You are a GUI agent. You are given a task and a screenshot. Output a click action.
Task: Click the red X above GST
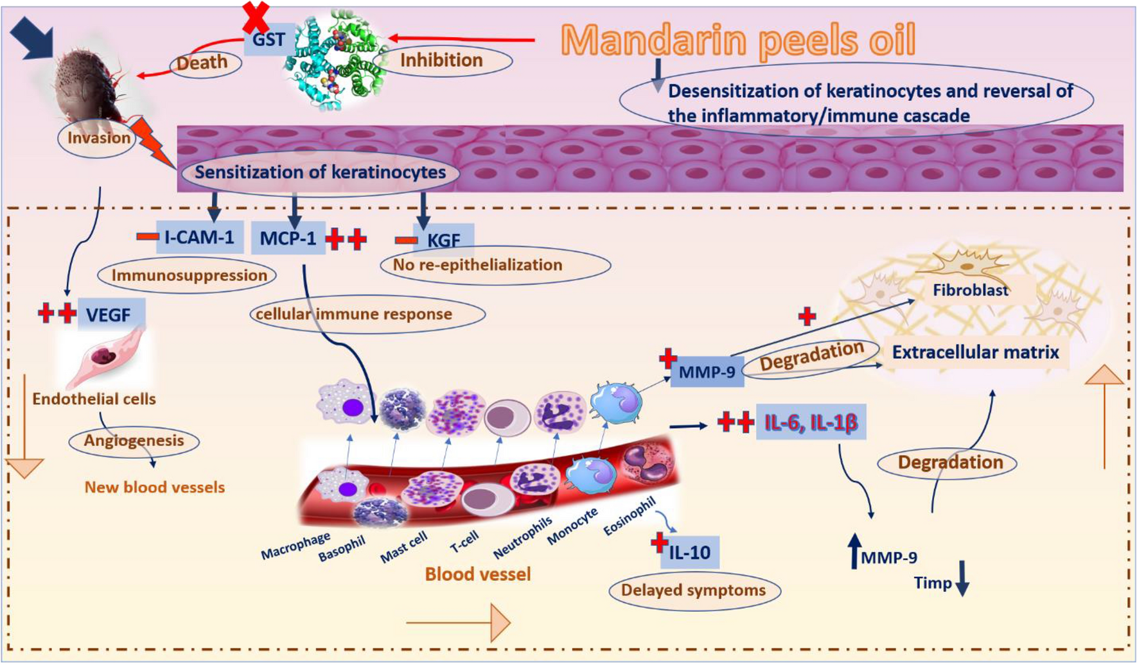coord(256,17)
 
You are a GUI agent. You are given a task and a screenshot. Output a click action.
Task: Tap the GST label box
coord(269,40)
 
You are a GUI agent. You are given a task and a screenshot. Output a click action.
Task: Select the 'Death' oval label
coord(203,63)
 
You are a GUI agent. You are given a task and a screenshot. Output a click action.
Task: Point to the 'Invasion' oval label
coord(98,138)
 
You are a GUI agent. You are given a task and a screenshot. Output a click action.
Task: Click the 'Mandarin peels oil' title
coord(737,40)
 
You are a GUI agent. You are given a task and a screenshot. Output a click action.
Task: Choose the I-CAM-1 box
coord(199,237)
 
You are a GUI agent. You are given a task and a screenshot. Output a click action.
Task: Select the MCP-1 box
coord(288,239)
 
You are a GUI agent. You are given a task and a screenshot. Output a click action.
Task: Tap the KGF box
coord(444,240)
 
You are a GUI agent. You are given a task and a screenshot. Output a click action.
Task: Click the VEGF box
coord(109,315)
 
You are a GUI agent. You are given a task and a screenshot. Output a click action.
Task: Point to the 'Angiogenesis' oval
coord(134,441)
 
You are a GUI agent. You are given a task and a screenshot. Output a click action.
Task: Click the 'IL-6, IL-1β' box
coord(811,422)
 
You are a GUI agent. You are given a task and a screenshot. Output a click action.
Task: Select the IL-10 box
coord(689,552)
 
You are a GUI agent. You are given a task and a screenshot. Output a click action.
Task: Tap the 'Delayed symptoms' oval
coord(693,591)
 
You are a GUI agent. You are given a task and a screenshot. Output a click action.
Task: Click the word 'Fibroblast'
coord(970,291)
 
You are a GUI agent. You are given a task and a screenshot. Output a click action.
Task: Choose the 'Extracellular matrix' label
coord(975,352)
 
